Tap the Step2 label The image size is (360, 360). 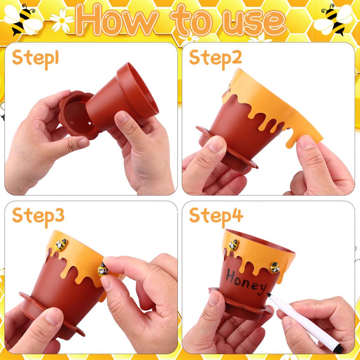coord(216,58)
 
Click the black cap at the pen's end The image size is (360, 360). coord(338,348)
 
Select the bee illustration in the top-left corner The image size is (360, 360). coord(23,19)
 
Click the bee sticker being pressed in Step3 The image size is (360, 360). coord(103,269)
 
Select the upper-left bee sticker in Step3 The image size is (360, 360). coord(61,244)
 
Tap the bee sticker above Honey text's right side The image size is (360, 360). coord(275,268)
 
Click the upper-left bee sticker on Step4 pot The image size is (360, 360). coord(233,245)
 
